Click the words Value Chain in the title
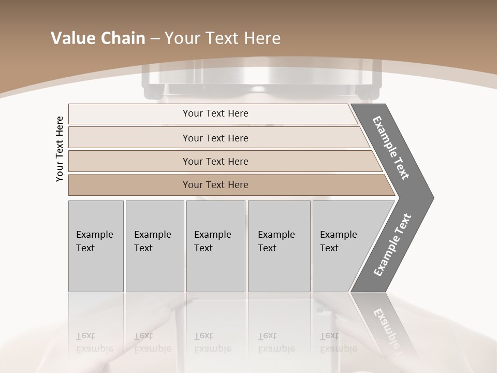coord(98,38)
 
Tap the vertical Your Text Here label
coord(60,149)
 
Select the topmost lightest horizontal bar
coord(215,113)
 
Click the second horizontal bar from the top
coord(215,138)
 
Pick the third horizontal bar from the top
coord(215,161)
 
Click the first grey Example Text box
coord(96,246)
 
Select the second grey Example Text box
coord(154,246)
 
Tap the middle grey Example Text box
coord(215,246)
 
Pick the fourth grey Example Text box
coord(279,246)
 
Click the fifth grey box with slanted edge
coord(342,246)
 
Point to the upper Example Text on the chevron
coord(391,148)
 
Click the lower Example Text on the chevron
coord(392,245)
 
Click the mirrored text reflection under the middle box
coord(213,342)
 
